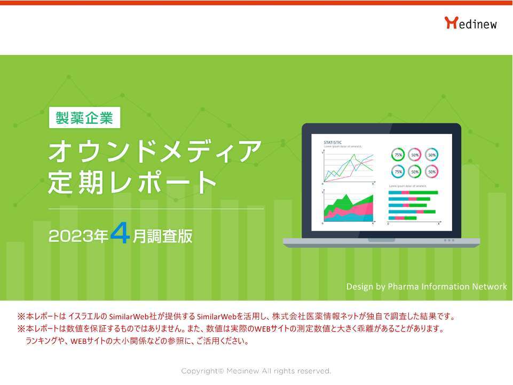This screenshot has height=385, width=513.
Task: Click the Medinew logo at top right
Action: coord(470,23)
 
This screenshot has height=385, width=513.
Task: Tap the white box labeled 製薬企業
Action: coord(84,117)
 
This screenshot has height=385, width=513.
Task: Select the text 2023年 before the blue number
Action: coord(78,237)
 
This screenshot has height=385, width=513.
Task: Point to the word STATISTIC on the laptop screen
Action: coord(333,142)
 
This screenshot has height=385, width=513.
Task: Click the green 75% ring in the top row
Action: coord(398,155)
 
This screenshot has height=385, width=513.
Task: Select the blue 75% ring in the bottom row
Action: coord(398,172)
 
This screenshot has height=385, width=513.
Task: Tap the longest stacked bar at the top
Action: coord(413,192)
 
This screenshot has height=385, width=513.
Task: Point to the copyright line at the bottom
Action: coord(256,371)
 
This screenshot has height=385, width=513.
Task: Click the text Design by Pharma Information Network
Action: coord(426,287)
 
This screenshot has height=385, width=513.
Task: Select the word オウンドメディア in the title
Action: coord(155,152)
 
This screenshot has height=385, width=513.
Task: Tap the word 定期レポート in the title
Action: coord(132,183)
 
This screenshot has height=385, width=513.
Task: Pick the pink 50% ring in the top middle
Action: coord(415,155)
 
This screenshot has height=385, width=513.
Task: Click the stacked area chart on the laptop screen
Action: coord(349,209)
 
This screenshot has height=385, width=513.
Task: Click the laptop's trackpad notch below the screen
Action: coord(381,240)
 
